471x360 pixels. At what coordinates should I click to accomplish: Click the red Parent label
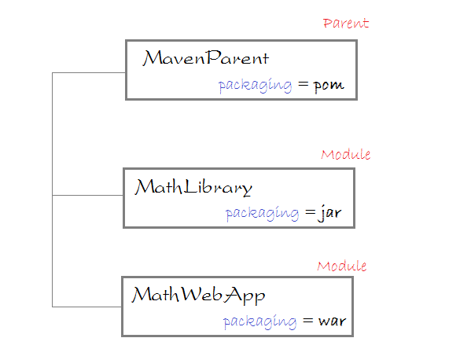[x=346, y=23]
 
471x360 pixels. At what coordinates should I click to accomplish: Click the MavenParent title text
[x=205, y=57]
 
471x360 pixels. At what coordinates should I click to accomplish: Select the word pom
[x=329, y=86]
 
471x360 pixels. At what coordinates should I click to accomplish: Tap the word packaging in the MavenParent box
[x=255, y=86]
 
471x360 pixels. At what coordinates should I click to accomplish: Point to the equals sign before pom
[x=303, y=84]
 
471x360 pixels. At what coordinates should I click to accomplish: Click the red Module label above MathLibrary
[x=345, y=154]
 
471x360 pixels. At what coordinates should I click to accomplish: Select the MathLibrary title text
[x=193, y=187]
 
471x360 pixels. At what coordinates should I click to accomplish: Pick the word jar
[x=329, y=213]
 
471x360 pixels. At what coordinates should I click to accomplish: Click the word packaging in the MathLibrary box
[x=262, y=214]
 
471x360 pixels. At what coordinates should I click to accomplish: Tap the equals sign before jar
[x=311, y=212]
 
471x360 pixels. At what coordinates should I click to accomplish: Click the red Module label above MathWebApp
[x=341, y=266]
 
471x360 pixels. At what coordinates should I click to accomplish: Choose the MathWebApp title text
[x=198, y=296]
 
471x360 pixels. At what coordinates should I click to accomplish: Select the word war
[x=332, y=321]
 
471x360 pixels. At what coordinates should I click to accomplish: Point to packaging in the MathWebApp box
[x=259, y=321]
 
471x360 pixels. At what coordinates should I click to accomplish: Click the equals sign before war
[x=308, y=321]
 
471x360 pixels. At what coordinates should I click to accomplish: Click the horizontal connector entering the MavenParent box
[x=89, y=72]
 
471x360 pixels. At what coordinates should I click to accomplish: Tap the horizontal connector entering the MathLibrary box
[x=88, y=195]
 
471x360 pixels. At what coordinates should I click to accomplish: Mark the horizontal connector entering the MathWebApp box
[x=86, y=307]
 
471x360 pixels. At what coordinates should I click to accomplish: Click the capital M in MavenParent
[x=153, y=57]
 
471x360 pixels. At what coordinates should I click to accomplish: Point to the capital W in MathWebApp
[x=192, y=294]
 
